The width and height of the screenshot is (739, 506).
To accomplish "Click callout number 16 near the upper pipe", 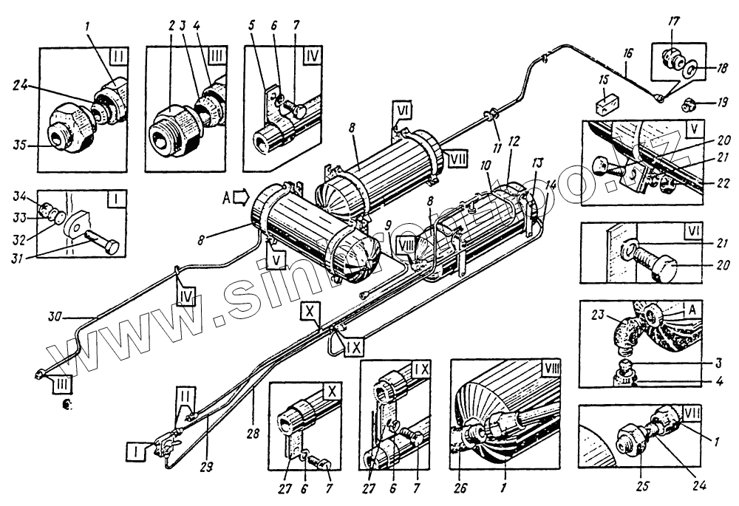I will [627, 55].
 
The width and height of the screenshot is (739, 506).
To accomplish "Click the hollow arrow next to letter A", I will [242, 198].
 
